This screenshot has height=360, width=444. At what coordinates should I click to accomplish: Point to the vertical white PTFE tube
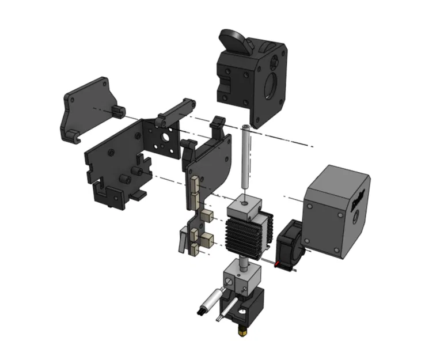(x=245, y=158)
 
